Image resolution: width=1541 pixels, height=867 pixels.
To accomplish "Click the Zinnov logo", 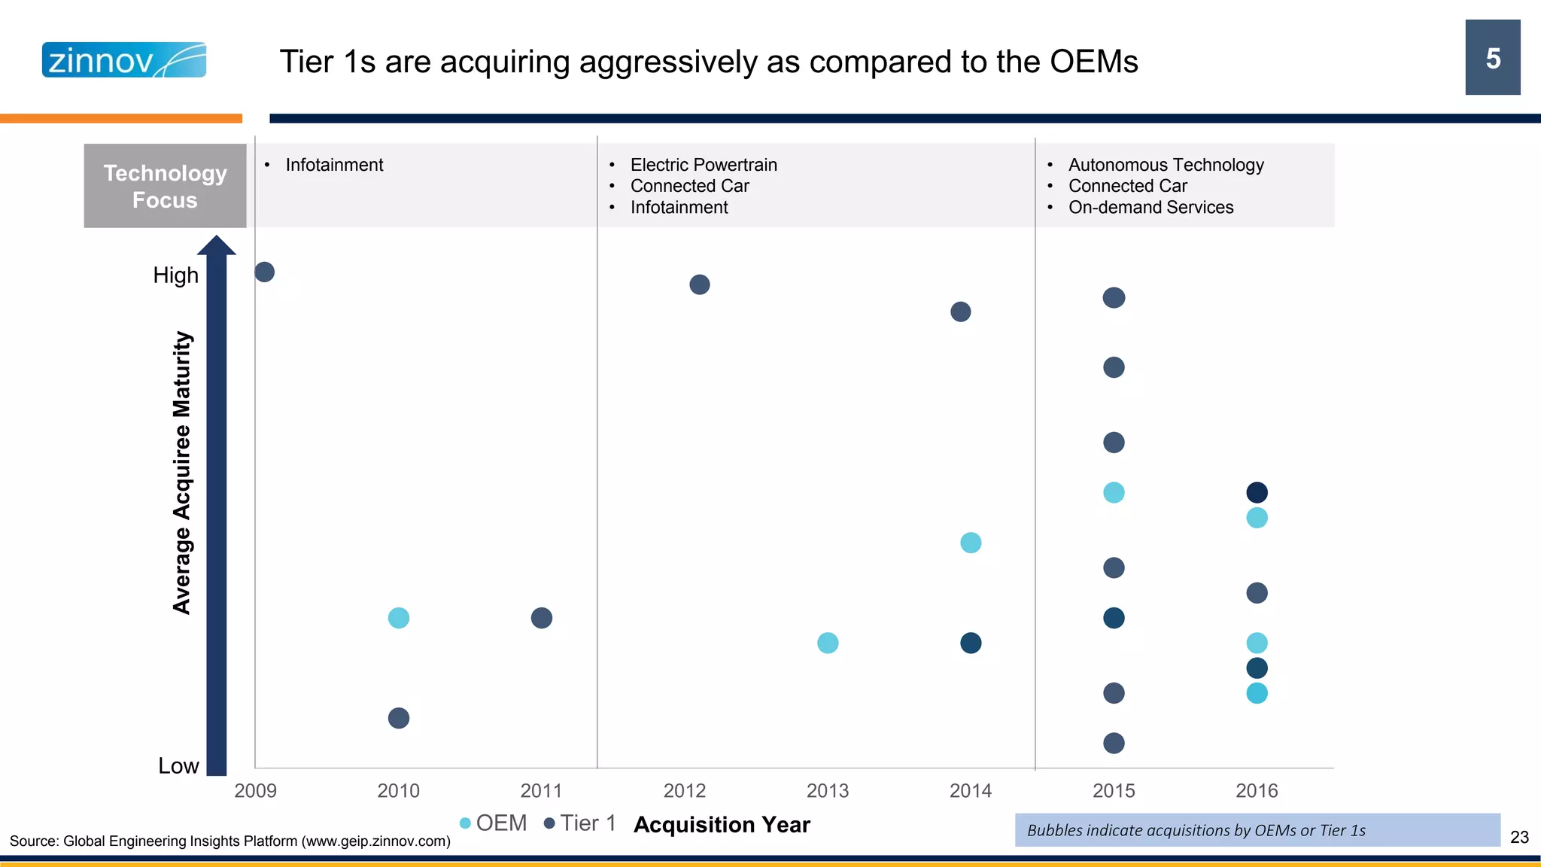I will coord(124,60).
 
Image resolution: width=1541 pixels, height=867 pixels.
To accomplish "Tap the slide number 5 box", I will coord(1492,58).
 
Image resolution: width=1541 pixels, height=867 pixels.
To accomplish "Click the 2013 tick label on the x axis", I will coord(827,790).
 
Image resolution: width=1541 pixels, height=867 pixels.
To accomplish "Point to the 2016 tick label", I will coord(1256,790).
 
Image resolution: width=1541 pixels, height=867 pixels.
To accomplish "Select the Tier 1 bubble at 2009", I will coord(264,272).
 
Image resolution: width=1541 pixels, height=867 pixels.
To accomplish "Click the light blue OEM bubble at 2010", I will coord(398,618).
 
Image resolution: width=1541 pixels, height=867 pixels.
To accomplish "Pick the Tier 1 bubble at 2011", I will coord(541,618).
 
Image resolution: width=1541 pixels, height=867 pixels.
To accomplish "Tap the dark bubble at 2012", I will coord(699,284).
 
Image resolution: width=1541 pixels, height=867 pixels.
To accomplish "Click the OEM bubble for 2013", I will coord(827,643).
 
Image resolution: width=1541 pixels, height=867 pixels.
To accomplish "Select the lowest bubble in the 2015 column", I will coord(1114,743).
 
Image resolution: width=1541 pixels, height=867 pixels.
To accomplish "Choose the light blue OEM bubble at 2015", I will coord(1114,492).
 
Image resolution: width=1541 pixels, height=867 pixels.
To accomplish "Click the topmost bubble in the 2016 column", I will coord(1257,492).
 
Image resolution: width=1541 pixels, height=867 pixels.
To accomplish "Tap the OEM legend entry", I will coord(494,823).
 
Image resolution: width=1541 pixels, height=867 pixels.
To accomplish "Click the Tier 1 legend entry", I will coord(580,823).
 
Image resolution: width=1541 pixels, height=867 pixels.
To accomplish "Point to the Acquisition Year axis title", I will coord(722,825).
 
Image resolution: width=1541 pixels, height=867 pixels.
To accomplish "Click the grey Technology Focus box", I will coord(165,186).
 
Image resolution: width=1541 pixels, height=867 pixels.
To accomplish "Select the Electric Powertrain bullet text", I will coord(703,165).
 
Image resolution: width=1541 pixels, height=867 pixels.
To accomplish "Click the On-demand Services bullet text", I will coord(1150,207).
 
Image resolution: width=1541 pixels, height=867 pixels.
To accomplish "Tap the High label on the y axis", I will coord(175,275).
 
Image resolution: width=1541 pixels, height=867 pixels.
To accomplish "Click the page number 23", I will coord(1519,837).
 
